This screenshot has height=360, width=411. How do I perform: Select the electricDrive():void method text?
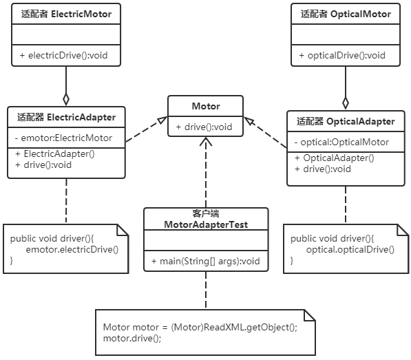(64, 55)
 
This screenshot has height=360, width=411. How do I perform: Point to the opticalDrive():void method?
(342, 55)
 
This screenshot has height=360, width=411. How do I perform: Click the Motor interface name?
(206, 106)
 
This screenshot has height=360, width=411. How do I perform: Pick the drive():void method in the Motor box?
(204, 127)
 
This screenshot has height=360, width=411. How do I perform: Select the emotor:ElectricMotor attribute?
(64, 138)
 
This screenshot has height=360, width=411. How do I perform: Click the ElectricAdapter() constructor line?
(55, 153)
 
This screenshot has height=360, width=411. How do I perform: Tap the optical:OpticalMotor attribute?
(341, 142)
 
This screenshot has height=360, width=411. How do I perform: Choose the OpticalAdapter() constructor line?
(335, 158)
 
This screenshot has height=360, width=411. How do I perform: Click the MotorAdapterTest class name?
(206, 224)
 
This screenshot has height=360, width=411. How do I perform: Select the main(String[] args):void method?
(206, 261)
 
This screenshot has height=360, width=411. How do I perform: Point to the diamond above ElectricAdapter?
(66, 99)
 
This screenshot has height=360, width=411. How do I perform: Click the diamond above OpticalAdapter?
(346, 103)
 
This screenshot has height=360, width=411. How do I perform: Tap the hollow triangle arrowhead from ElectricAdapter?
(162, 120)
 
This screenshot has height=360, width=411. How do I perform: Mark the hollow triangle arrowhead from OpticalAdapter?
(249, 120)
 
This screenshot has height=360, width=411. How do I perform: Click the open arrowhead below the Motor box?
(206, 142)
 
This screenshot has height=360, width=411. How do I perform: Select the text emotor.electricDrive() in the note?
(72, 249)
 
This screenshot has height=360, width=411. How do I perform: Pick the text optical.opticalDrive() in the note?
(350, 249)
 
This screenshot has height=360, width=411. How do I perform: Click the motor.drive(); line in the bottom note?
(132, 338)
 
